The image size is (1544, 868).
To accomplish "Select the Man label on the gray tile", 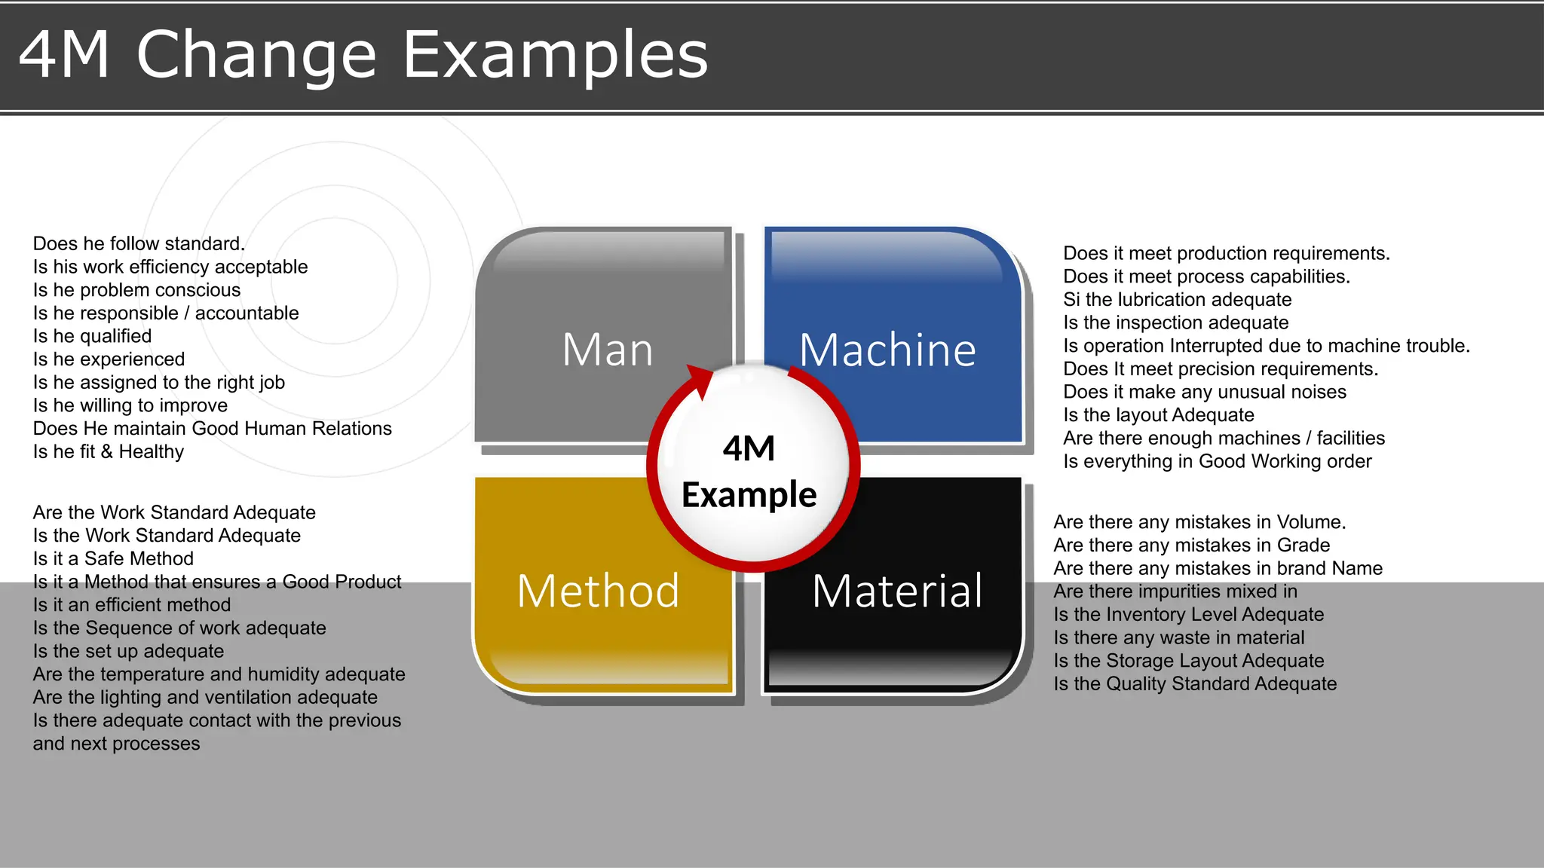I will pyautogui.click(x=608, y=350).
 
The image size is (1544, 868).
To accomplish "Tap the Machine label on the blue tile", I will pyautogui.click(x=887, y=350).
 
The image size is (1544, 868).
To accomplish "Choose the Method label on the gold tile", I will pyautogui.click(x=598, y=591).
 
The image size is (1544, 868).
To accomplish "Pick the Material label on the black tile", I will pyautogui.click(x=897, y=591).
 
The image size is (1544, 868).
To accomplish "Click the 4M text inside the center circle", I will pyautogui.click(x=749, y=449).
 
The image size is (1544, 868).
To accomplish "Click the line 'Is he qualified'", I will pyautogui.click(x=92, y=336).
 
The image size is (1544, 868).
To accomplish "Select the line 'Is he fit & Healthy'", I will pyautogui.click(x=108, y=452).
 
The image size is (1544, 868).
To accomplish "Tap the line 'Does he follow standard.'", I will pyautogui.click(x=139, y=243).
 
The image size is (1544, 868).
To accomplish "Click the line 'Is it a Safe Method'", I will pyautogui.click(x=113, y=558).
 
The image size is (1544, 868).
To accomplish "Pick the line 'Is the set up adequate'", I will pyautogui.click(x=128, y=651).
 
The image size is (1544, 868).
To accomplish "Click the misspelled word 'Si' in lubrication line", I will pyautogui.click(x=1071, y=300).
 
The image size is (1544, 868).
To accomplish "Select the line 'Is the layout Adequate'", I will pyautogui.click(x=1158, y=415).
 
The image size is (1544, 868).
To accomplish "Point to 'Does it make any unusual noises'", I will pyautogui.click(x=1204, y=392).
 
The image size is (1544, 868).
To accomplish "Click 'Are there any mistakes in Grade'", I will pyautogui.click(x=1191, y=545).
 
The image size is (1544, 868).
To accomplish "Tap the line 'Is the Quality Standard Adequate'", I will pyautogui.click(x=1195, y=684).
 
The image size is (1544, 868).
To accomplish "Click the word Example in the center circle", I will pyautogui.click(x=749, y=495).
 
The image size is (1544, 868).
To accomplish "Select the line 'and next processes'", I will pyautogui.click(x=116, y=744).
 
